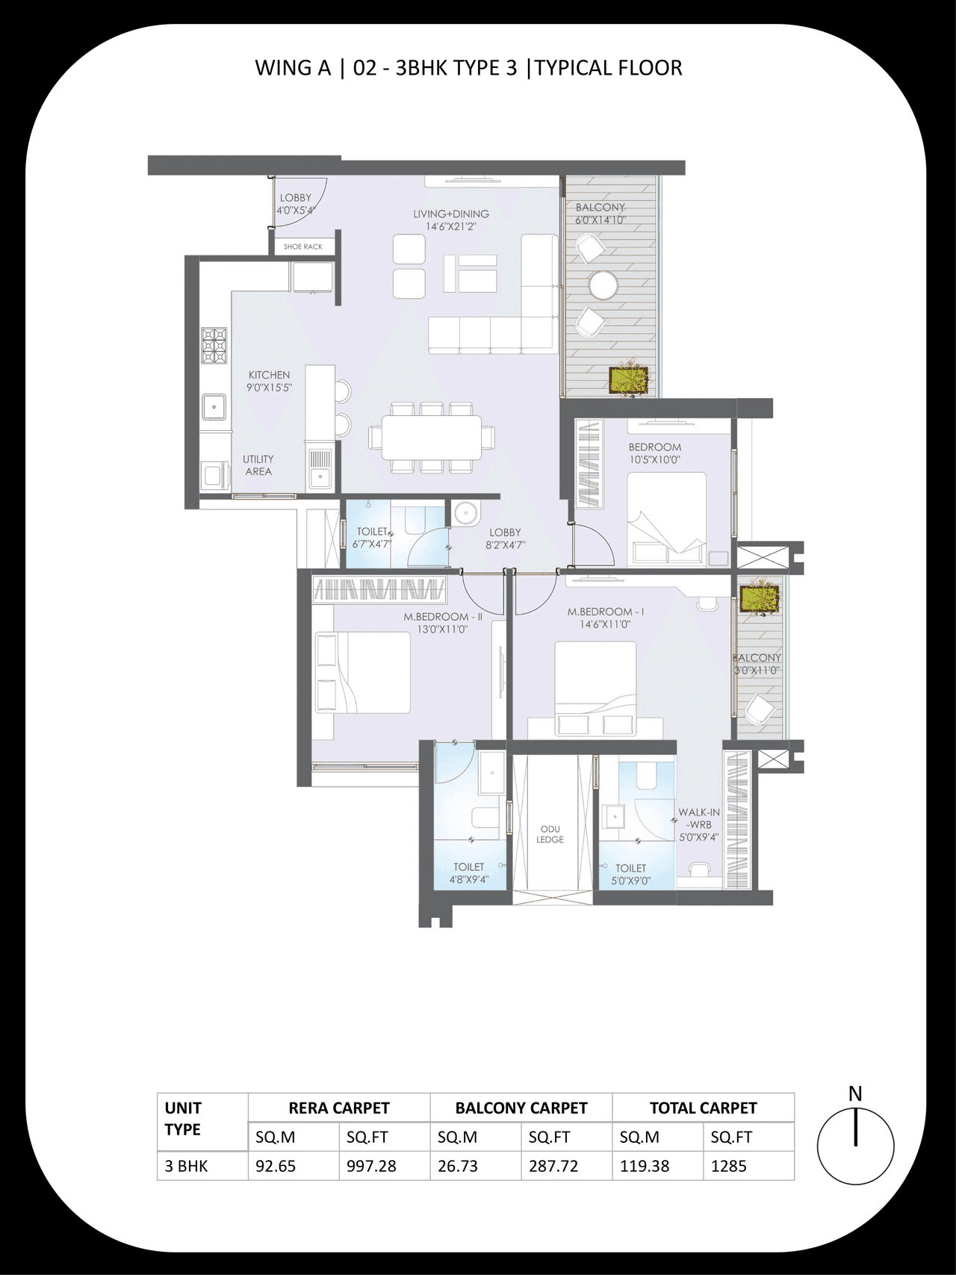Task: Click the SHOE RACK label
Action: point(302,246)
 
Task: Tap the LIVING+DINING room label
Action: point(451,214)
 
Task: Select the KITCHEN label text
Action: point(269,375)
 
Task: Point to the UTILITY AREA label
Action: point(258,465)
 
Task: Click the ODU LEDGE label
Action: point(550,834)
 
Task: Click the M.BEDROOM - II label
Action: point(443,617)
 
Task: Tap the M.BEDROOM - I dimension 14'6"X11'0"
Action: point(605,624)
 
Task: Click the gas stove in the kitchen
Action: point(214,345)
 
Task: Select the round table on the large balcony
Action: point(603,285)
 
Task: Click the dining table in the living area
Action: point(431,437)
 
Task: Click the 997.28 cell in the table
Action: point(371,1166)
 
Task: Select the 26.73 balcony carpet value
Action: point(457,1166)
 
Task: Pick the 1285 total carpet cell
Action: point(728,1166)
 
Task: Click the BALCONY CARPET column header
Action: point(521,1108)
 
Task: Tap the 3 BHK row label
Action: point(186,1166)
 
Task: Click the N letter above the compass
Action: point(855,1093)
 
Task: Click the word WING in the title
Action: point(282,68)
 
